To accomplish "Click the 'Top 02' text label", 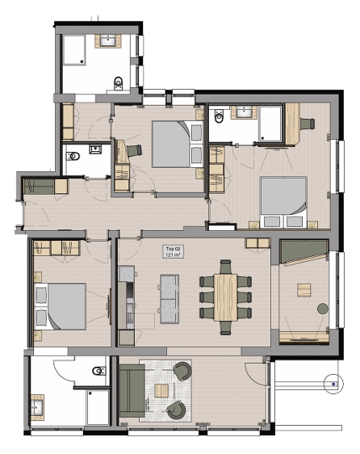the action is pos(173,249).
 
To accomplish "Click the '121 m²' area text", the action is pos(173,254).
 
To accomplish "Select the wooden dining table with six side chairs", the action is pos(225,297).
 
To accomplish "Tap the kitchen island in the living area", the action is pos(170,299).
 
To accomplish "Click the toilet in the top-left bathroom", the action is pos(119,82).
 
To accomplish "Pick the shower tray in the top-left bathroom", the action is pos(74,50).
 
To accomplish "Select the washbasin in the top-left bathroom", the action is pos(108,41).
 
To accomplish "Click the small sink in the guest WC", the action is pos(95,149).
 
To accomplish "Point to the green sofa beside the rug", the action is pos(132,391).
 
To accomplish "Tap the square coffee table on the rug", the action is pos(161,390).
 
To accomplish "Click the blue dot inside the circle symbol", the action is pos(333,384).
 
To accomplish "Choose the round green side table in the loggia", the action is pos(322,309).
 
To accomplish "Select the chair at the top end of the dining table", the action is pos(226,267).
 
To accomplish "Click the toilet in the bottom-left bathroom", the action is pos(99,371).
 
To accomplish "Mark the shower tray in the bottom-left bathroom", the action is pos(98,408).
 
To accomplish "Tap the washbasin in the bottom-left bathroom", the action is pos(37,407).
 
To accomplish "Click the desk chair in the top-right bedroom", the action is pos(307,124).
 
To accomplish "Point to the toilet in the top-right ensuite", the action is pos(220,116).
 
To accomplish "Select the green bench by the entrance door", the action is pos(39,187).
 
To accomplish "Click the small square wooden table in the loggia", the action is pos(303,290).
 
